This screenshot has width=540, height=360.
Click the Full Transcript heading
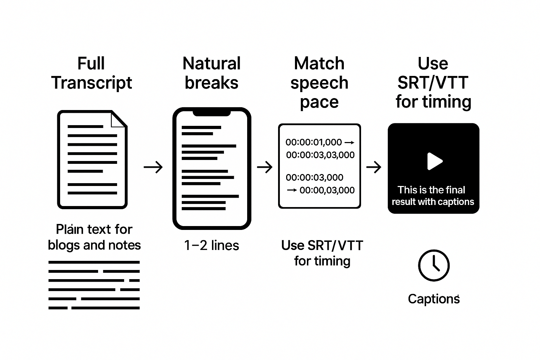click(x=91, y=73)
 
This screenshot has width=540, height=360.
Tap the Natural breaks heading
click(x=212, y=73)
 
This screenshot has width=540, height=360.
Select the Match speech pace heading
click(x=319, y=83)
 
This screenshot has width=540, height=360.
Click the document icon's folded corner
click(x=119, y=119)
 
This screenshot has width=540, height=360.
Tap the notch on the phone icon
click(x=212, y=113)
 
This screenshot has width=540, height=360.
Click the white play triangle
click(x=434, y=161)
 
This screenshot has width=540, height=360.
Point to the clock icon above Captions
click(x=433, y=265)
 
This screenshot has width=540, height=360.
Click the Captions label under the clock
click(x=433, y=299)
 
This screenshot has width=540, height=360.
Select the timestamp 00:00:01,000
click(x=314, y=142)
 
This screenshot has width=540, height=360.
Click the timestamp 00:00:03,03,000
click(x=320, y=155)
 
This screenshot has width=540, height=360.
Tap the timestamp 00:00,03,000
click(x=327, y=190)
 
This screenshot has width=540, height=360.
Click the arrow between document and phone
click(x=153, y=167)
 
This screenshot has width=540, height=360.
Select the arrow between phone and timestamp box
click(x=265, y=167)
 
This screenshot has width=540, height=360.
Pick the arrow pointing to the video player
click(x=374, y=167)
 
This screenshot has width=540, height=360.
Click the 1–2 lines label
click(x=212, y=245)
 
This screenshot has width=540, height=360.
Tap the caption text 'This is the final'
click(x=431, y=190)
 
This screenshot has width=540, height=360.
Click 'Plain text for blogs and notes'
click(x=94, y=237)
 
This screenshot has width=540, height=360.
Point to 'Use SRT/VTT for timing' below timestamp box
click(x=322, y=253)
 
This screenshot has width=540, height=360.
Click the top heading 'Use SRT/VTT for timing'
click(x=433, y=83)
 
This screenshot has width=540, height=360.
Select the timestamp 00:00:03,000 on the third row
click(x=315, y=178)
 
